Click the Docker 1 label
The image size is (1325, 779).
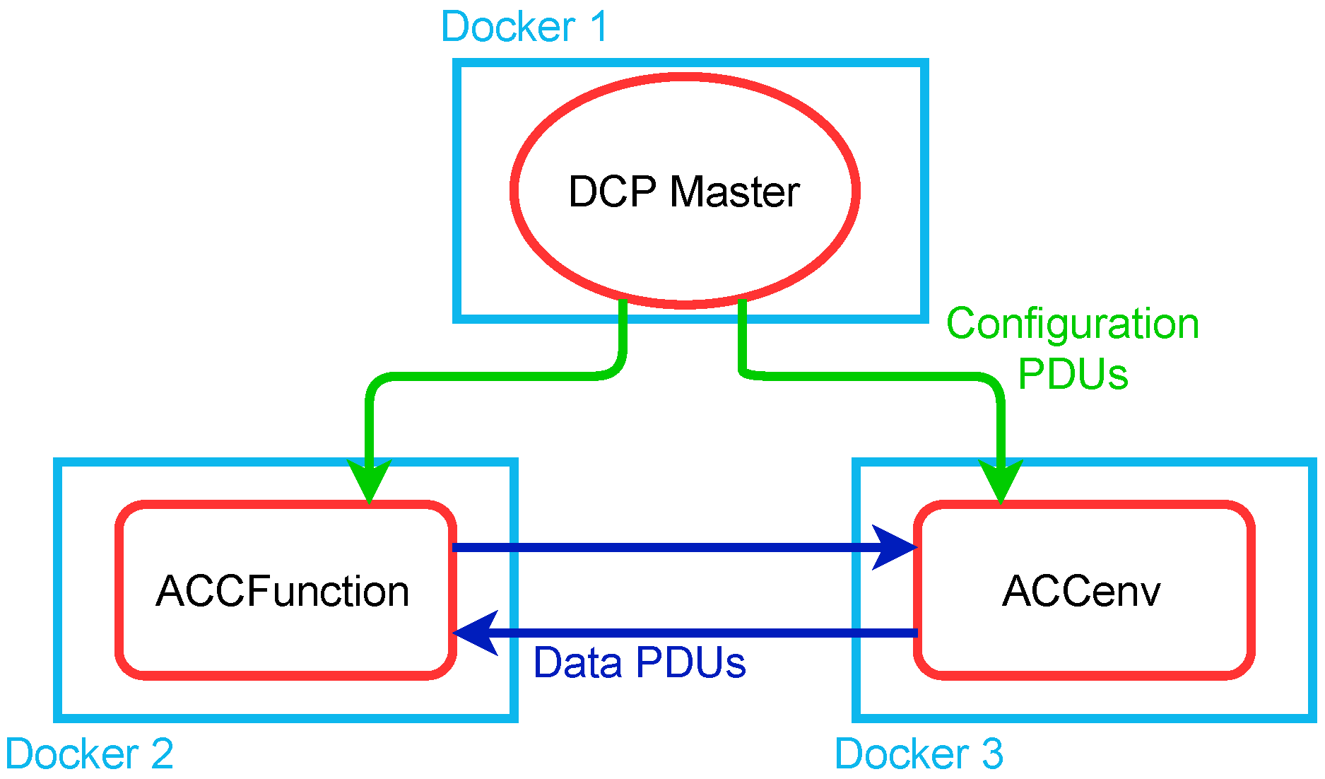(524, 27)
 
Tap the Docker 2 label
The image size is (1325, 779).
(89, 754)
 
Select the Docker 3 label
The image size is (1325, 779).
(919, 754)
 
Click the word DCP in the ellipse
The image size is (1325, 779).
(612, 192)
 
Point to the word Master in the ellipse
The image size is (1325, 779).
(734, 192)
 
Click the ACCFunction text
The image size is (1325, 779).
(283, 591)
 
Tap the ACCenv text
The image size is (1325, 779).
(1081, 591)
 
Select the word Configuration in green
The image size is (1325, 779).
(1073, 324)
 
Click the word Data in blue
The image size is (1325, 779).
(577, 663)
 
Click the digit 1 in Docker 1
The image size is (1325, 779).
(598, 27)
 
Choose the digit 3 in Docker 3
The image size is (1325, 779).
(992, 754)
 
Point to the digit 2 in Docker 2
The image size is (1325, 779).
(162, 754)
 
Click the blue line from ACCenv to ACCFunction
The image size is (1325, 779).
(707, 633)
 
